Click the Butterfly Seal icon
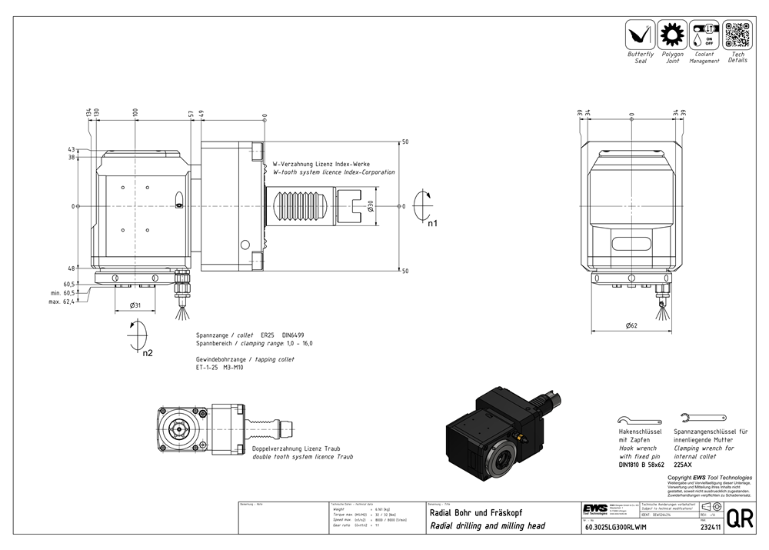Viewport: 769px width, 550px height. [x=640, y=35]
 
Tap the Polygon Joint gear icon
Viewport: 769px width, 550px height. [x=673, y=35]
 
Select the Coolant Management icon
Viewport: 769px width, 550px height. [x=704, y=35]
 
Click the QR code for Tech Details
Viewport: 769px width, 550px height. [x=737, y=35]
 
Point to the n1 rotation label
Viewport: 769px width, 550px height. [x=432, y=224]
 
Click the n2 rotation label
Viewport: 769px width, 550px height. [x=148, y=354]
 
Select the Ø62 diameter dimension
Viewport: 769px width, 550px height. [x=631, y=325]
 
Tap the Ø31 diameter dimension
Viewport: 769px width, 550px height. [x=135, y=305]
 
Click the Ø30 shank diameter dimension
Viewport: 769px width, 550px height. [x=370, y=206]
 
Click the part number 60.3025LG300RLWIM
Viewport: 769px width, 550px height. [x=616, y=527]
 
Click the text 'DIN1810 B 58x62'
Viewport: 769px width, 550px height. [x=641, y=465]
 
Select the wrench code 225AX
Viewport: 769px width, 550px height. [x=684, y=465]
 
